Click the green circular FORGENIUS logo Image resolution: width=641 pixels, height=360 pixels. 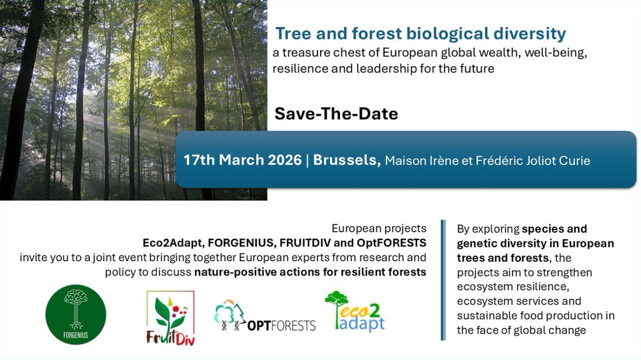tap(76, 314)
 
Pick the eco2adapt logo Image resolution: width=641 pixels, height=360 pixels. tap(355, 312)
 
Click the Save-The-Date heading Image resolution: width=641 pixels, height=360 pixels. tap(336, 114)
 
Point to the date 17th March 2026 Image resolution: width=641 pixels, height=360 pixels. tap(243, 160)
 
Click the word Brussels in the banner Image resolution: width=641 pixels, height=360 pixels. tap(345, 160)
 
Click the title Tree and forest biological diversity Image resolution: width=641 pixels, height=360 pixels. tap(420, 34)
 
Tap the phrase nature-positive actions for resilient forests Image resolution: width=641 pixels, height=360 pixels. tap(310, 272)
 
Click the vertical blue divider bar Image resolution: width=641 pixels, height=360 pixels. tap(443, 280)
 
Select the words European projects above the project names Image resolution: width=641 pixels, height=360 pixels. tap(379, 229)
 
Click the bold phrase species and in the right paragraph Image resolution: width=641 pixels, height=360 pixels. tap(554, 229)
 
